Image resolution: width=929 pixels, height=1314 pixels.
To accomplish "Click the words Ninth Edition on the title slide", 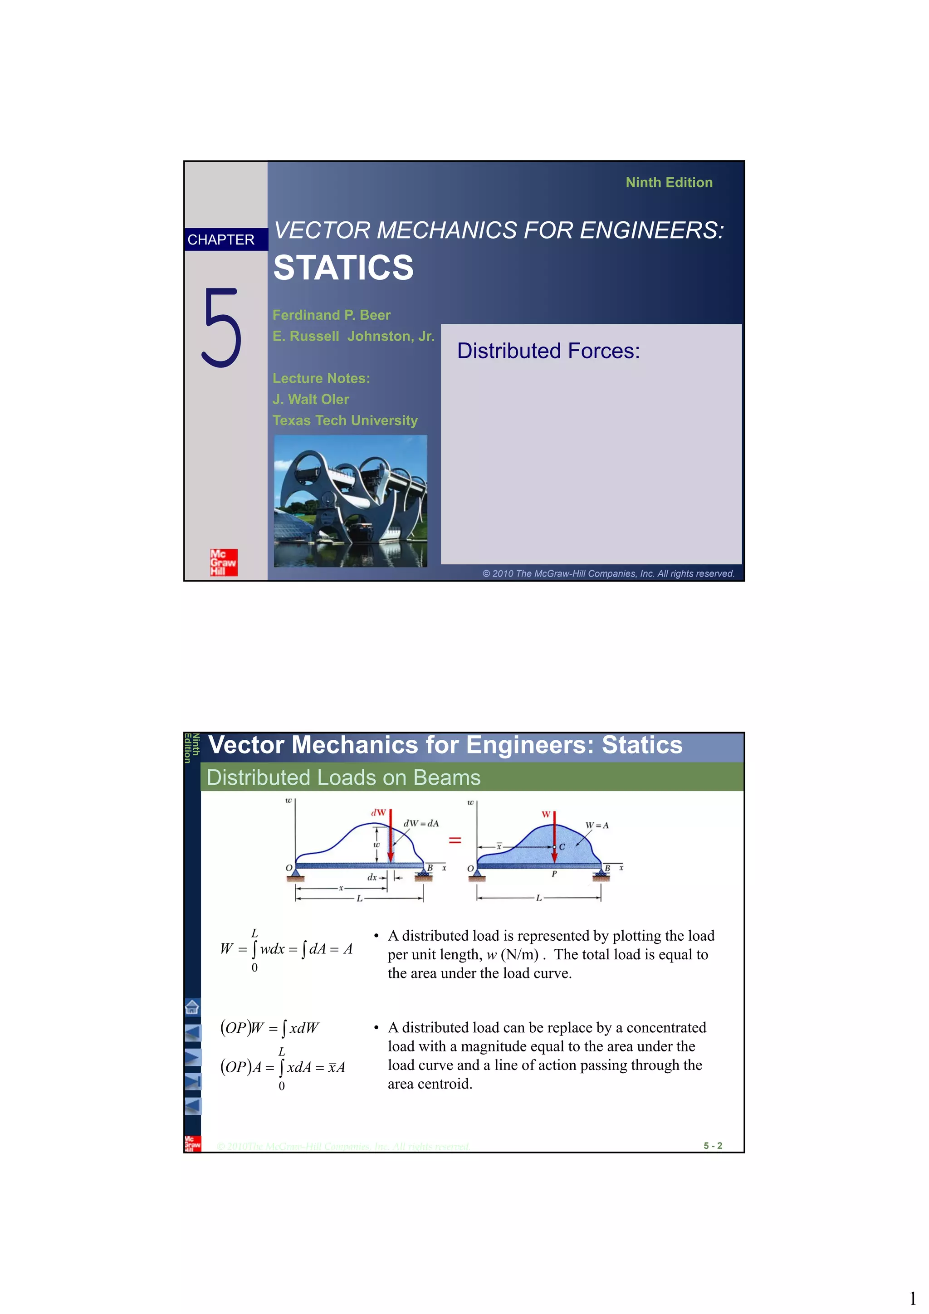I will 669,183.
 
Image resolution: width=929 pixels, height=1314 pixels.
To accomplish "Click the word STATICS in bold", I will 343,268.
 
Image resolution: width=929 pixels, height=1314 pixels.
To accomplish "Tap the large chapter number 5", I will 221,327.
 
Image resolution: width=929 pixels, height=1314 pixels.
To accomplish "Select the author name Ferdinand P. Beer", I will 332,315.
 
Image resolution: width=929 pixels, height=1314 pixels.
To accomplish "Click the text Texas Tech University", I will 345,420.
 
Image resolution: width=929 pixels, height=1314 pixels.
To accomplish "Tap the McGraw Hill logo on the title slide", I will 223,562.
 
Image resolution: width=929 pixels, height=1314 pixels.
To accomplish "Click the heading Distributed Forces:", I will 548,351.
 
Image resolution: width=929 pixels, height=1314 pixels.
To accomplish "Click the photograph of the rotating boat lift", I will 350,501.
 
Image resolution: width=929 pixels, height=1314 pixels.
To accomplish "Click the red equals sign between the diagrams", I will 455,840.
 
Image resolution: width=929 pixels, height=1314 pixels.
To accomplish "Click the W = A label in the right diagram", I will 597,825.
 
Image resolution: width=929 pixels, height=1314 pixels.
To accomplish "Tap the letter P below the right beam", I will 554,874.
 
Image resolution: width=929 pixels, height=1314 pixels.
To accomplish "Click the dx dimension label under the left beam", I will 372,877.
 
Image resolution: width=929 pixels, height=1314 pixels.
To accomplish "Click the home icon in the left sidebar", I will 192,1006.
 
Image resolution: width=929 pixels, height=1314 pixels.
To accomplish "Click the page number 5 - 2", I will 713,1145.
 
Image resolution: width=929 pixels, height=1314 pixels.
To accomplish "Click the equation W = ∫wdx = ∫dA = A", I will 286,949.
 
